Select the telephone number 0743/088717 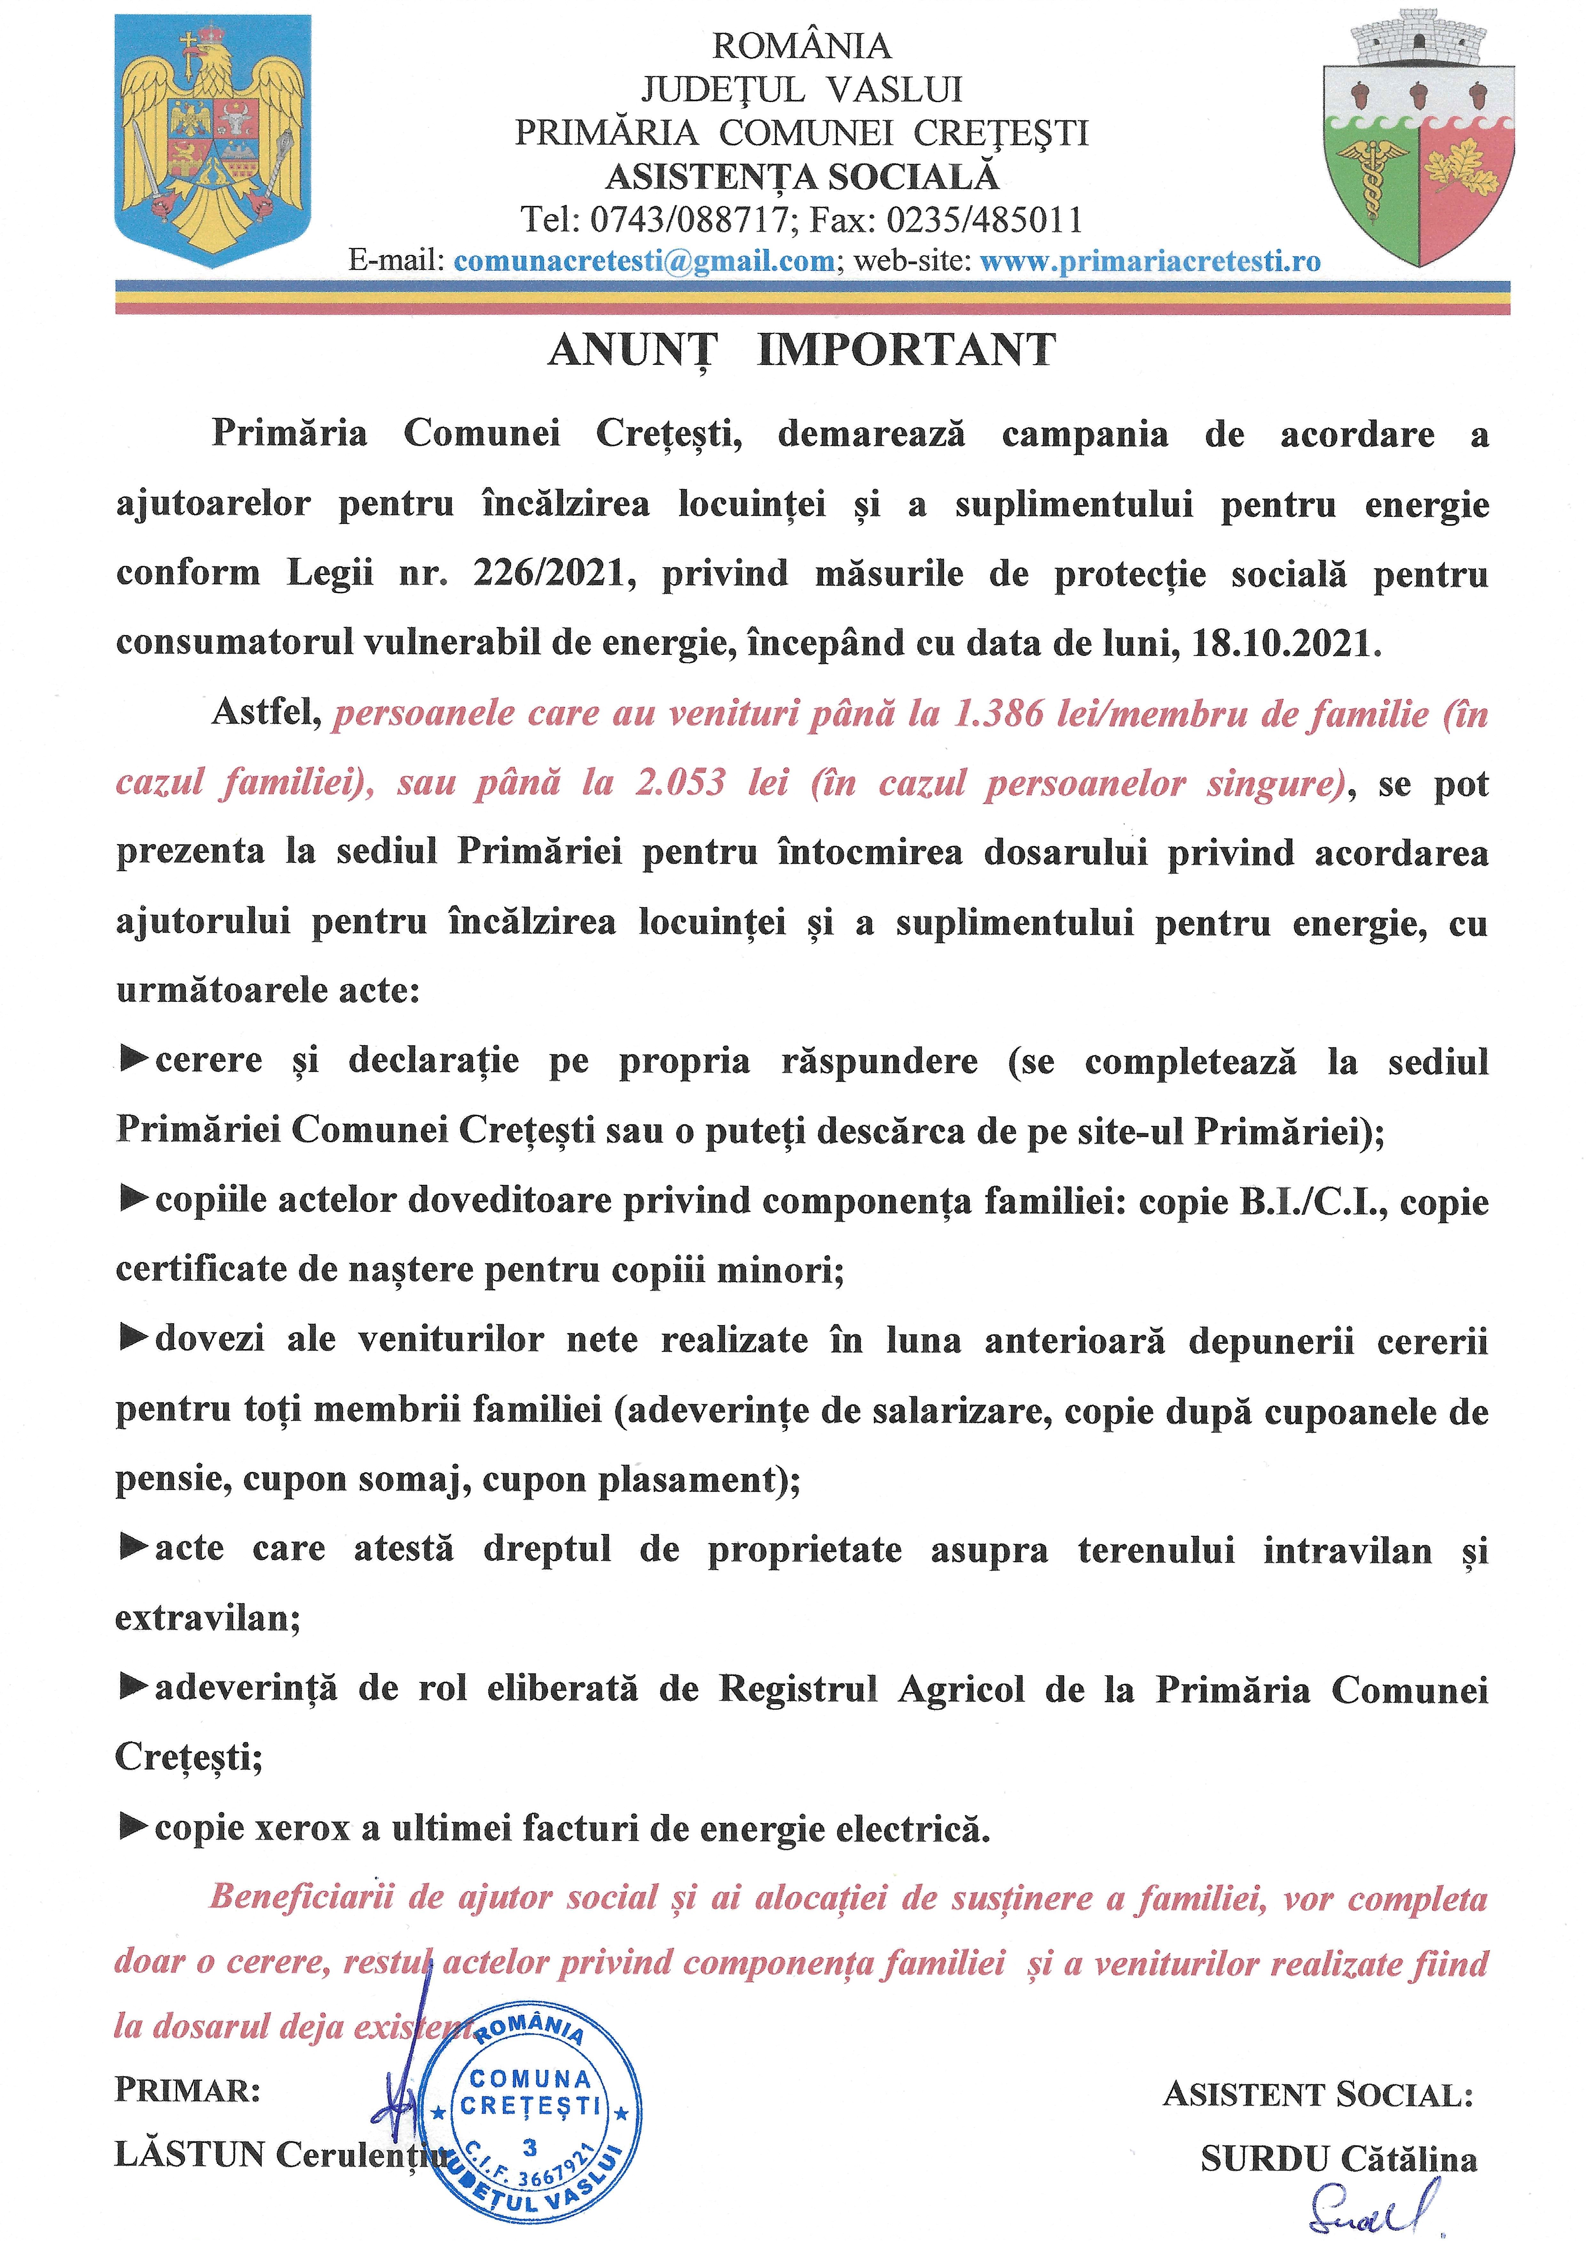[688, 219]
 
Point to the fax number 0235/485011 [985, 219]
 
